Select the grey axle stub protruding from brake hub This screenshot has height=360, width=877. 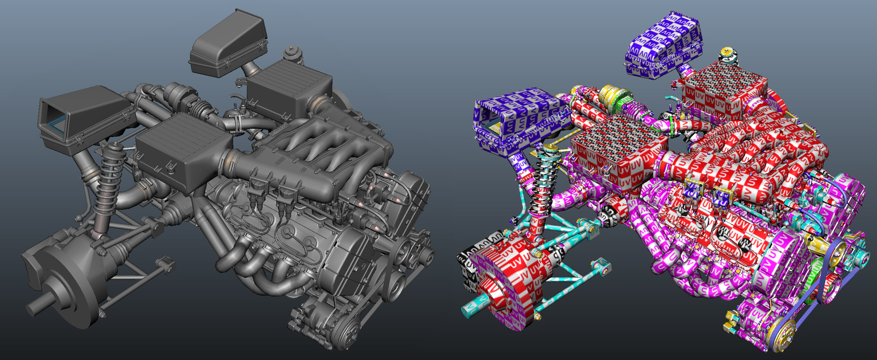[x=37, y=307]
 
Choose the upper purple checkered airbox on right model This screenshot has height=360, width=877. [x=665, y=43]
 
